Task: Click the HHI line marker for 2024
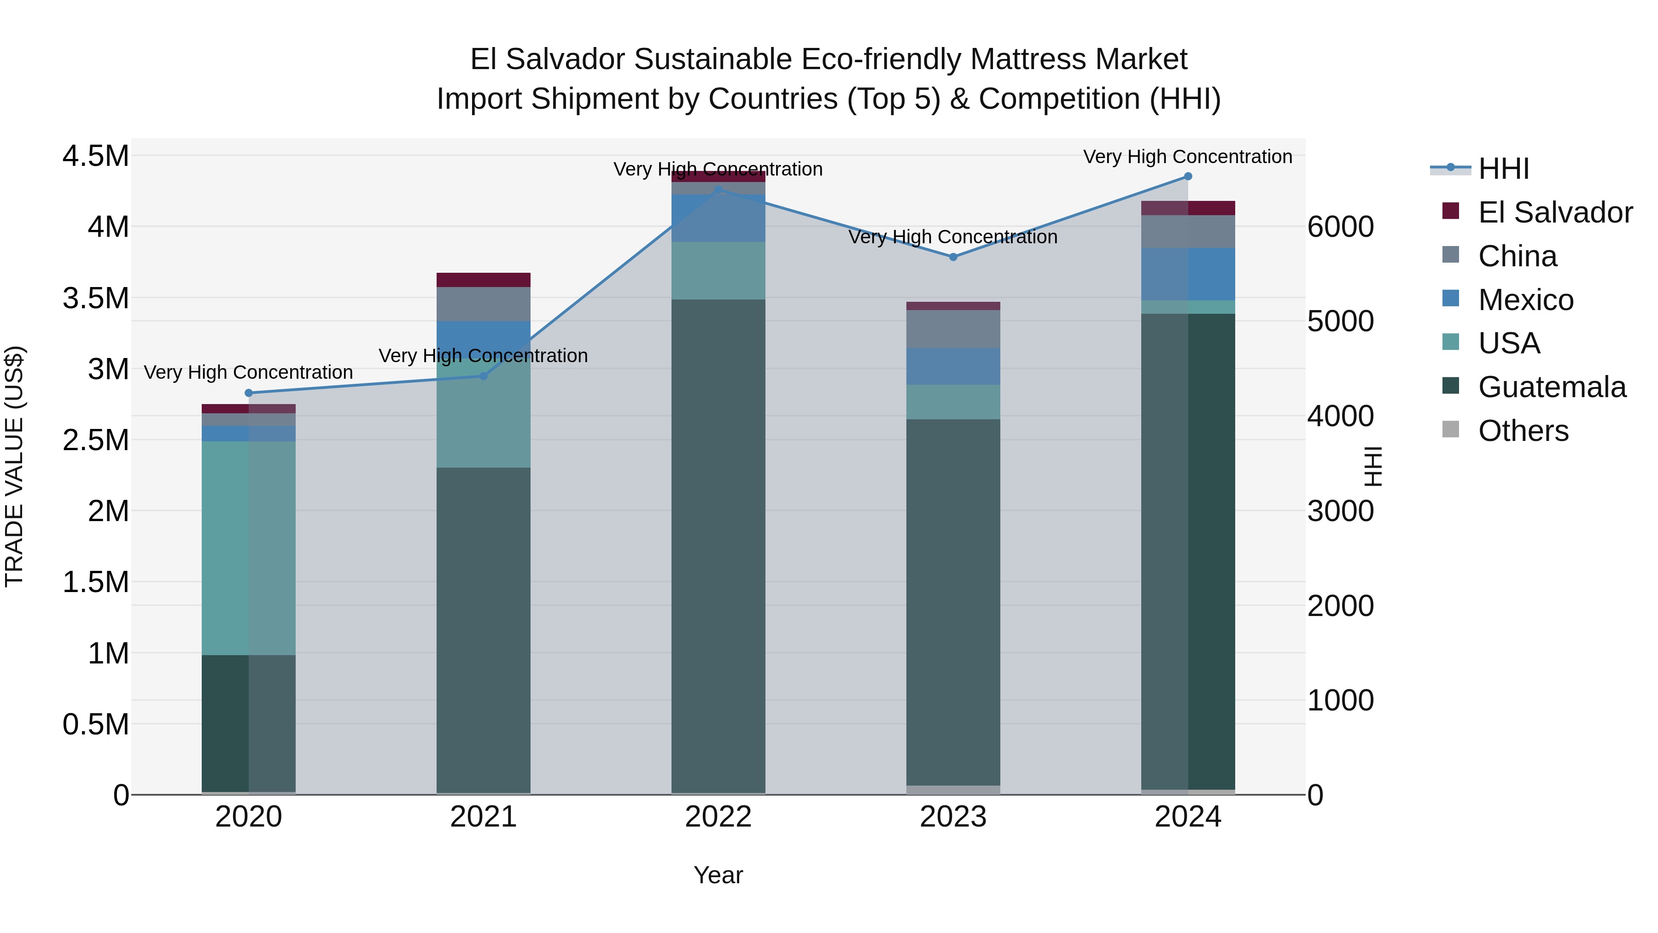coord(1187,176)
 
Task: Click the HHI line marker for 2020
coord(248,393)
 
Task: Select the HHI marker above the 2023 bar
coord(953,257)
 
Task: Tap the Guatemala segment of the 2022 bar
coord(718,547)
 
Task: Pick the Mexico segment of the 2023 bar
coord(953,366)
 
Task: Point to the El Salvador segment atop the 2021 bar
coord(484,280)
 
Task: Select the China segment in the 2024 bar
coord(1187,232)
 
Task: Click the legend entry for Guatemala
coord(1552,387)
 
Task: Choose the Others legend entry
coord(1523,431)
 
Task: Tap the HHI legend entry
coord(1504,169)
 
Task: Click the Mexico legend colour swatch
coord(1451,299)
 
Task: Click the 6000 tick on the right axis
coord(1340,227)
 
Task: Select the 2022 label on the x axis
coord(718,817)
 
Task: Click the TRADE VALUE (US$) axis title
coord(14,466)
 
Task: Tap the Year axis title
coord(718,875)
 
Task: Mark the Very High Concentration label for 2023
coord(953,237)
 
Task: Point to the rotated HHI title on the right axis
coord(1373,466)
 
